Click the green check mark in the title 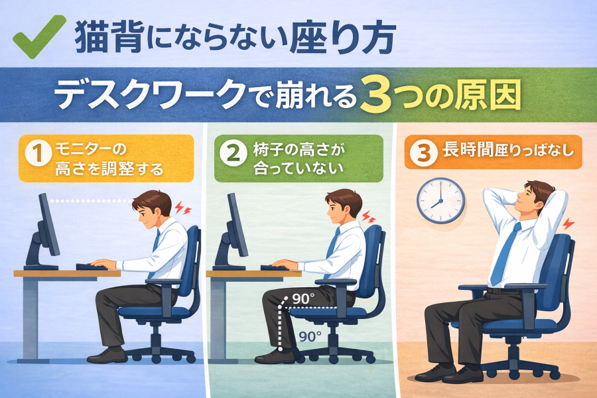(38, 38)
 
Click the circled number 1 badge (38, 153)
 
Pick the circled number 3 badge (423, 153)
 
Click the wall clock (440, 201)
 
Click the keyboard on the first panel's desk (92, 267)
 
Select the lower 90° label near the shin (310, 337)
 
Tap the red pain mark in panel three (568, 224)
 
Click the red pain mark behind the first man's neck (183, 208)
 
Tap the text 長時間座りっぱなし (508, 151)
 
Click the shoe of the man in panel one (107, 356)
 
